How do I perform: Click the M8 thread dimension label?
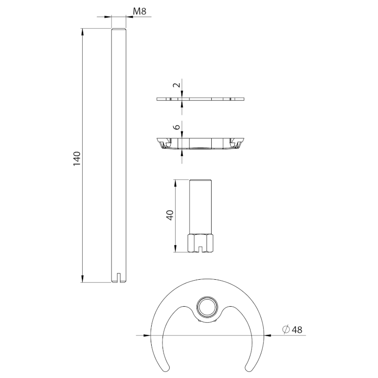click(x=139, y=10)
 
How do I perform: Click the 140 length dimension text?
click(x=77, y=158)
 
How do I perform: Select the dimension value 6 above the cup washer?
click(x=176, y=128)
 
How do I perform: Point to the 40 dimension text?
click(x=171, y=215)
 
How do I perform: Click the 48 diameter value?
click(x=298, y=329)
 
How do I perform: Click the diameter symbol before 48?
click(x=286, y=329)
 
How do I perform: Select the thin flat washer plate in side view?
click(x=201, y=99)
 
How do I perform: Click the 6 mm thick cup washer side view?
click(x=201, y=143)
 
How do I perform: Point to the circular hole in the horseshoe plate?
click(x=206, y=306)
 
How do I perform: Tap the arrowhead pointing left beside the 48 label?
click(x=267, y=335)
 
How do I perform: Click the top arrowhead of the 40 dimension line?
click(x=175, y=182)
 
